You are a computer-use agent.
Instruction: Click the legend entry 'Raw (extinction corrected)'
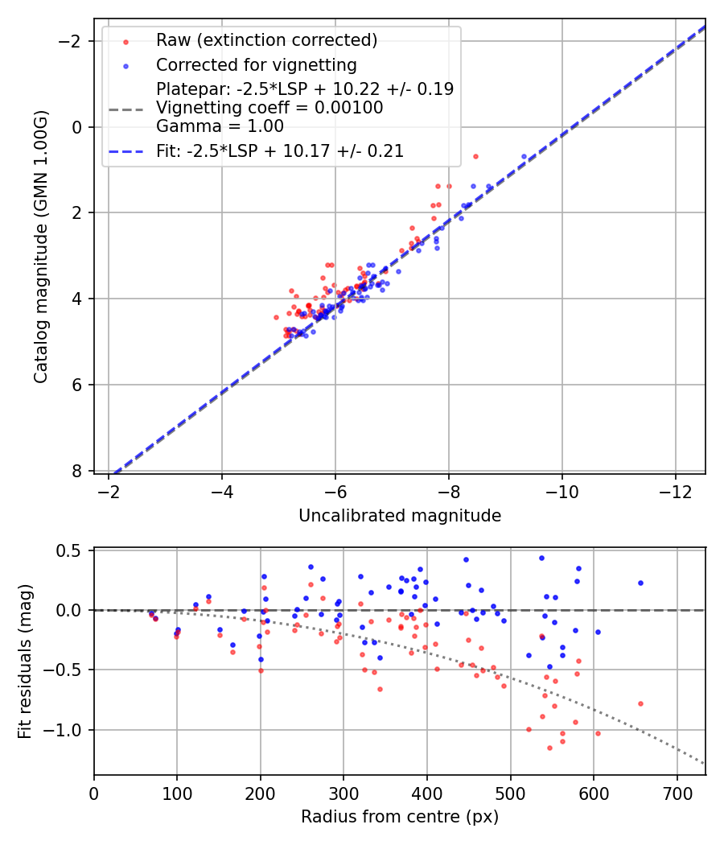[x=266, y=40]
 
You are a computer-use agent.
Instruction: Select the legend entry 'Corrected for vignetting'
[x=257, y=64]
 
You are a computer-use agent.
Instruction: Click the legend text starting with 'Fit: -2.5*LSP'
[x=280, y=150]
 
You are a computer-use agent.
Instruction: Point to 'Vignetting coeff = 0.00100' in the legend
[x=269, y=107]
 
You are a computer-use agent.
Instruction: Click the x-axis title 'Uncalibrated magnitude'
[x=400, y=516]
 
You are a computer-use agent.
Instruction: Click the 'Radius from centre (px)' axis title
[x=400, y=817]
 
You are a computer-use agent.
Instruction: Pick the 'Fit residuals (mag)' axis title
[x=25, y=662]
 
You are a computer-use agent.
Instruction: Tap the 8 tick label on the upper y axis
[x=76, y=471]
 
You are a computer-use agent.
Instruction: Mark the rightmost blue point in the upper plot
[x=524, y=156]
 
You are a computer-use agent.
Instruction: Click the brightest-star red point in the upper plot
[x=475, y=156]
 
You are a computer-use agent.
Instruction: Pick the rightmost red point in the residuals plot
[x=640, y=703]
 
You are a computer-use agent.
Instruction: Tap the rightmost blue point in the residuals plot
[x=640, y=583]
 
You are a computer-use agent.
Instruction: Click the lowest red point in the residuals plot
[x=549, y=748]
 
